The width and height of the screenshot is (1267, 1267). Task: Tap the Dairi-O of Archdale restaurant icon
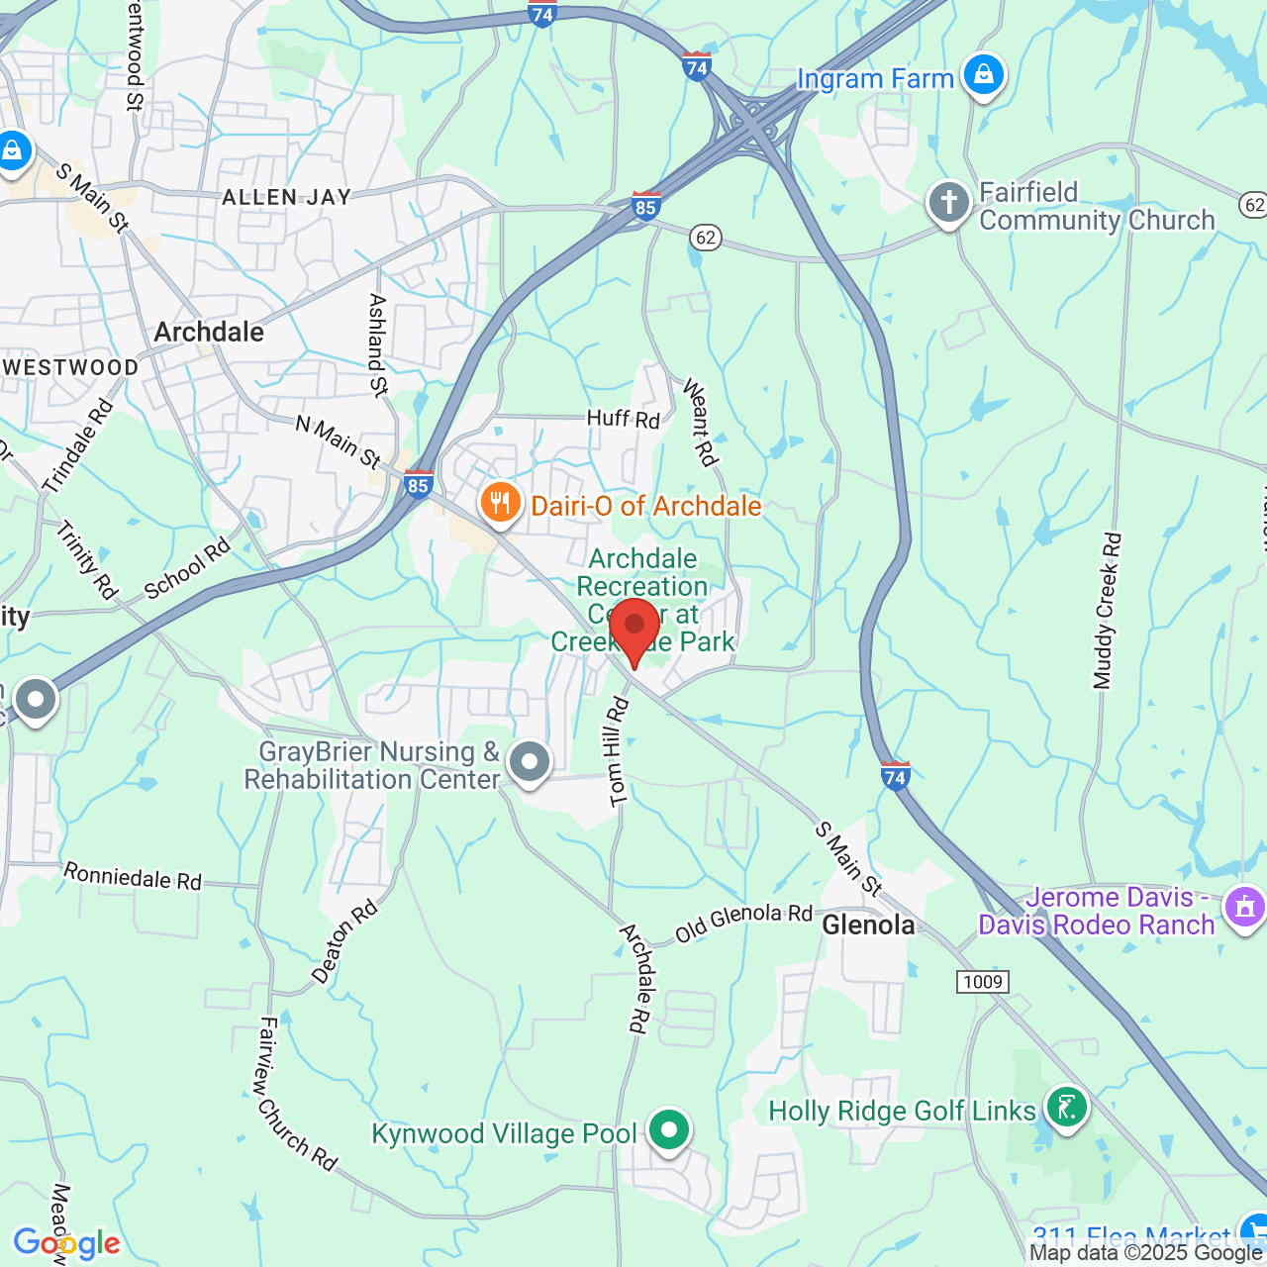coord(501,504)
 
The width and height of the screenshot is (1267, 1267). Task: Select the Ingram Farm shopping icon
coord(983,75)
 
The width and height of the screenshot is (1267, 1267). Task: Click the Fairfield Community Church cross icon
coord(948,203)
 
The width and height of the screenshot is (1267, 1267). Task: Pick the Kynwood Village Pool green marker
coord(669,1129)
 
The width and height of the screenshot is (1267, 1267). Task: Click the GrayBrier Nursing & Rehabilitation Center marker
coord(530,762)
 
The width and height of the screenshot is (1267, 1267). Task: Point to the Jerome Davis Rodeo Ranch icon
coord(1244,907)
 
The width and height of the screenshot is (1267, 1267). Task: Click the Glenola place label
coord(869,925)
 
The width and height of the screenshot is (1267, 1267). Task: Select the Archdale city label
coord(209,332)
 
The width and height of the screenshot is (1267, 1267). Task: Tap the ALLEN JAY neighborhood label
coord(286,197)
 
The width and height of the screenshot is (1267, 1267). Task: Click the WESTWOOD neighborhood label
coord(70,367)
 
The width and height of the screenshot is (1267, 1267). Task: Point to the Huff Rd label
coord(623,419)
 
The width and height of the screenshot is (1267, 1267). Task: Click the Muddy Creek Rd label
coord(1108,611)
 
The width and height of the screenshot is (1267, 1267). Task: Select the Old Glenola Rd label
coord(743,922)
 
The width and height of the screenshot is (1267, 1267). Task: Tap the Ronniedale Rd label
coord(133,876)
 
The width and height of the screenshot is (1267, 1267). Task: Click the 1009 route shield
coord(982,981)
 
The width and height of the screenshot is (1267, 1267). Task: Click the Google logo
coord(66,1243)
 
